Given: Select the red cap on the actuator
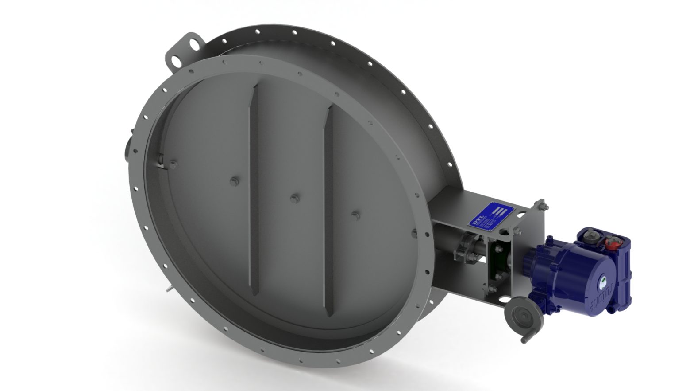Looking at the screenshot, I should [612, 242].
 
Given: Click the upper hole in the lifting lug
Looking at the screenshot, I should [193, 44].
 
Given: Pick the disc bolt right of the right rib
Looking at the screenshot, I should [354, 216].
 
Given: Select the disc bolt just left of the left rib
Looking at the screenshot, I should [234, 181].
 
